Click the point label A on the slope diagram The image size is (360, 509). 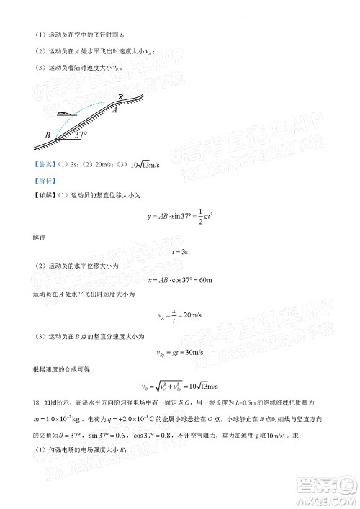(114, 109)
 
